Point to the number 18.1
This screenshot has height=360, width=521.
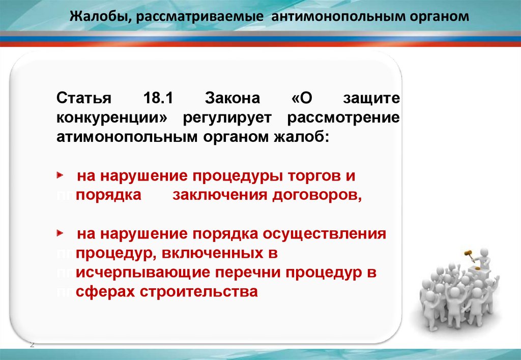[x=158, y=98]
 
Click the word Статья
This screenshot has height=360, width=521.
[x=84, y=98]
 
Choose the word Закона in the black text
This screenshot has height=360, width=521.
[x=232, y=98]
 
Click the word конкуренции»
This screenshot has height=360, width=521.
[x=112, y=118]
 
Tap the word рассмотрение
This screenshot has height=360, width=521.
[x=343, y=118]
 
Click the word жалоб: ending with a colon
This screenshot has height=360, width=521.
[x=301, y=136]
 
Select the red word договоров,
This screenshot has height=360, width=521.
[x=317, y=196]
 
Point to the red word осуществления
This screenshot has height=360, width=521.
[x=324, y=234]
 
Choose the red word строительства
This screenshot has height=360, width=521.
[x=199, y=292]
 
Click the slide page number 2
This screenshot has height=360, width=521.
[x=32, y=345]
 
